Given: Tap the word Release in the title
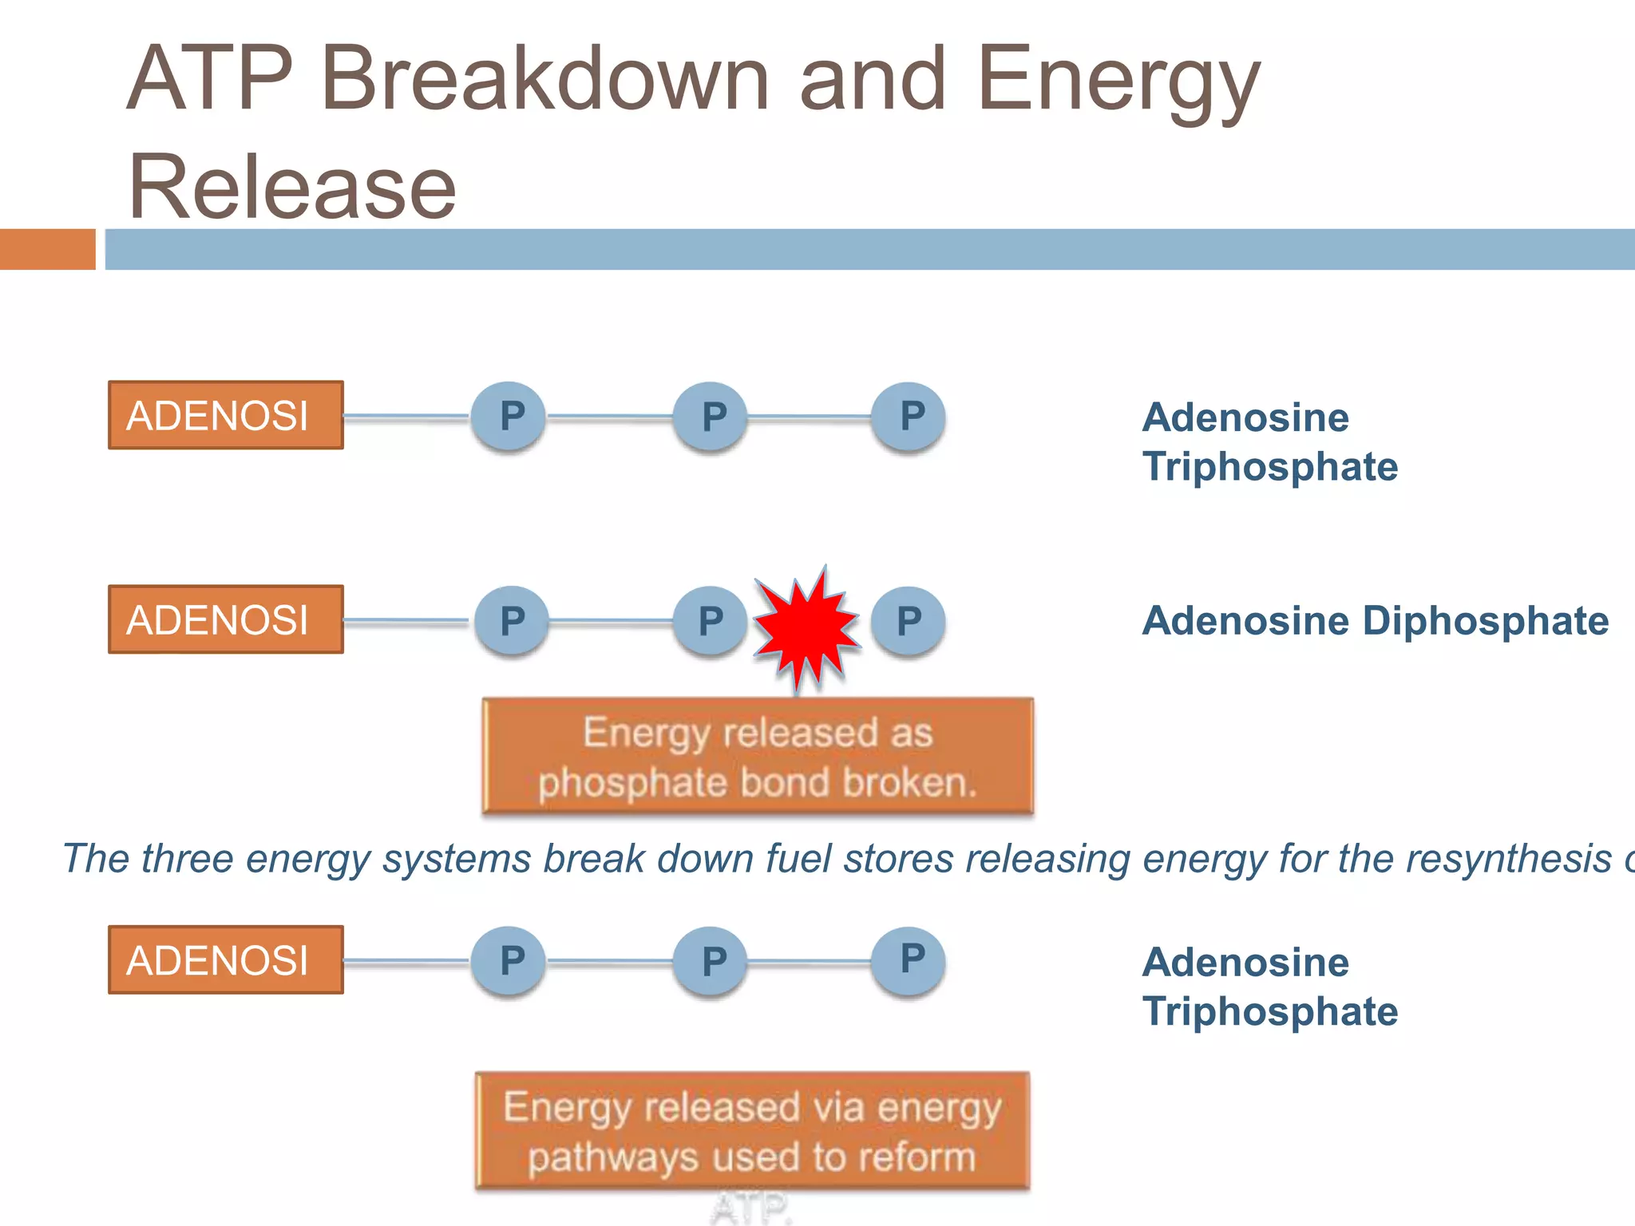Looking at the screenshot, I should coord(292,188).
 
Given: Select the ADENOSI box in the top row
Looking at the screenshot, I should coord(226,415).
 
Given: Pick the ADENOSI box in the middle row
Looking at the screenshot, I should coord(226,619).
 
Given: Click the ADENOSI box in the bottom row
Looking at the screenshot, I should coord(226,960).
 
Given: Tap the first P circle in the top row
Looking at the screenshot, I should coord(509,417).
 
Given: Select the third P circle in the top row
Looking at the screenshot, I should coord(909,417).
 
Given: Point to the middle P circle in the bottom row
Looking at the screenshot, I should coord(711,961).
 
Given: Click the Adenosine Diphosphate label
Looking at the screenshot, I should coord(1375,621).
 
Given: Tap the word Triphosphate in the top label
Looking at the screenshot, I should coord(1269,467).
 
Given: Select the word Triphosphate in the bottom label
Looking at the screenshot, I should coord(1269,1012).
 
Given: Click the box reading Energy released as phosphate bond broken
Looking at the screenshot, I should coord(758,756).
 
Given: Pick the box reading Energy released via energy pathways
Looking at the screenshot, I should coord(752,1131).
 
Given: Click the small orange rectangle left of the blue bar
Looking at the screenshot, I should coord(47,249).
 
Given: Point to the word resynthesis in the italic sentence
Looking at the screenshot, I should coord(1508,860).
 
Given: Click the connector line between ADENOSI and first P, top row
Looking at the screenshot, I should coord(406,417).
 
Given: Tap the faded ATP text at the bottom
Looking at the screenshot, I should coord(751,1208).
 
